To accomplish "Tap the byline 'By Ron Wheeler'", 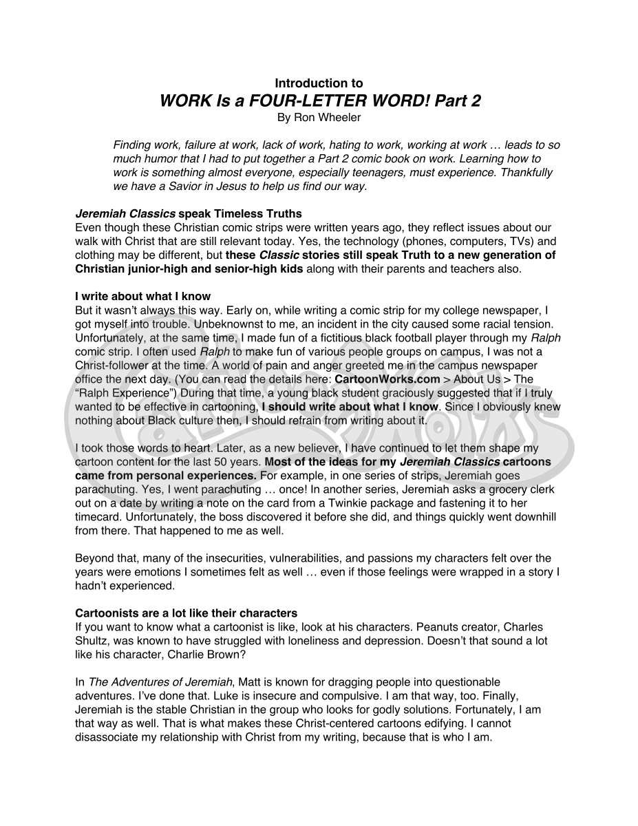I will point(319,118).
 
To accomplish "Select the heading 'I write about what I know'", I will point(142,297).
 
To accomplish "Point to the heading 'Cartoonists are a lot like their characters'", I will point(186,613).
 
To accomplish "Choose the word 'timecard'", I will point(97,517).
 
